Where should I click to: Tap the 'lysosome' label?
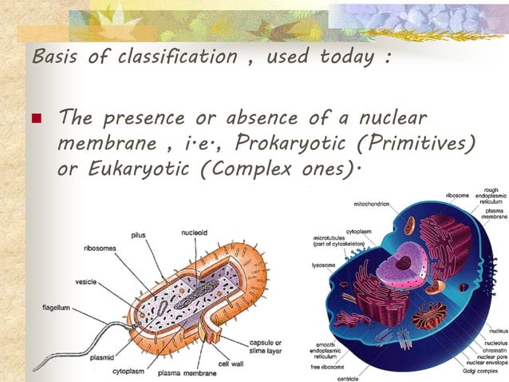pos(322,265)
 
